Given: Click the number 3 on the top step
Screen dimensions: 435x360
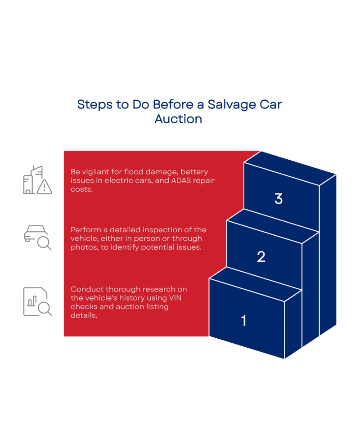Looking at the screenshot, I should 279,199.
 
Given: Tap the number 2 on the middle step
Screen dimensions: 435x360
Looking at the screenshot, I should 261,257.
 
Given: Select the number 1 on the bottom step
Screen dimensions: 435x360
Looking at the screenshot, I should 244,321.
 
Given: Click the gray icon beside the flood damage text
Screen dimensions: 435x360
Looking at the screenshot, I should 37,181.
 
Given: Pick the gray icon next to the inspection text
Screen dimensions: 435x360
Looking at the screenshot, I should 37,237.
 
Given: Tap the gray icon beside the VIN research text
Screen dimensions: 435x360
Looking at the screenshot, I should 37,300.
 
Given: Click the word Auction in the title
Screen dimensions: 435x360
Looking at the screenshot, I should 180,120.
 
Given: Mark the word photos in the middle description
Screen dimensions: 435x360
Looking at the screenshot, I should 82,247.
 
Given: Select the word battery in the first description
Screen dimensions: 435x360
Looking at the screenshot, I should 194,172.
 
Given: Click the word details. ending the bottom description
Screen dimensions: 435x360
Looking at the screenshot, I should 84,315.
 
